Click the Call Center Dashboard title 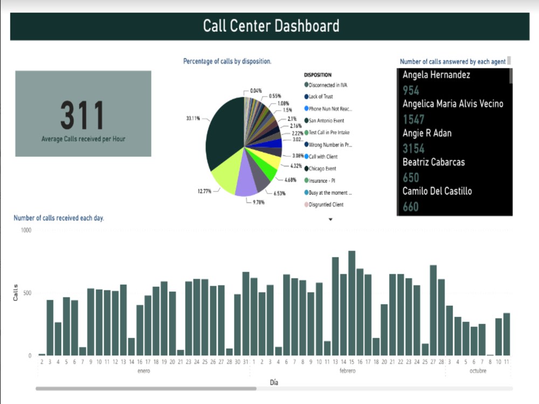tap(271, 25)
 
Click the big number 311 tap(82, 115)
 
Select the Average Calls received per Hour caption tap(84, 139)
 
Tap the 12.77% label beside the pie tap(204, 191)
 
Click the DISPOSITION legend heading tap(317, 75)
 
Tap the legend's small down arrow tap(330, 219)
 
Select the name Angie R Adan tap(427, 133)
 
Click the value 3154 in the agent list tap(414, 149)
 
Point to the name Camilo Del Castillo tap(437, 191)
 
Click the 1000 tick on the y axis tap(26, 230)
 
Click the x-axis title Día tap(274, 382)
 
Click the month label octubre tap(478, 371)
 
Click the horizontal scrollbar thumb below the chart tap(146, 388)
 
